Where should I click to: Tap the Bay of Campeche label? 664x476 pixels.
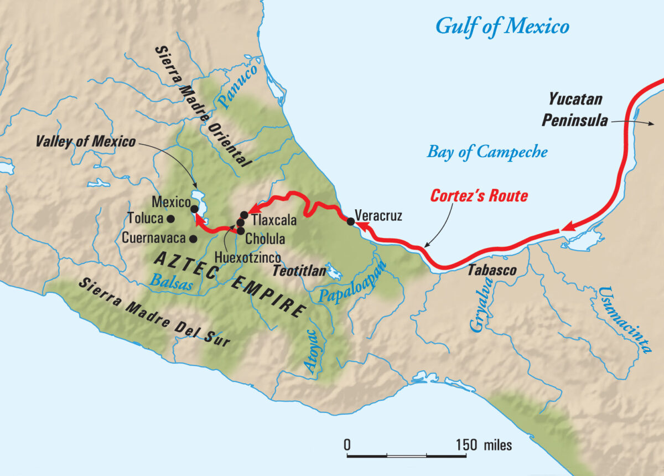(x=487, y=152)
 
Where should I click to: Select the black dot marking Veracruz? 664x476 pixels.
(x=351, y=221)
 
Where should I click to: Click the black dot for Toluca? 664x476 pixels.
(x=171, y=219)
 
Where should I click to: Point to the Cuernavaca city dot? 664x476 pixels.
(x=193, y=239)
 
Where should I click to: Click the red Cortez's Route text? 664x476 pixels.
(x=479, y=196)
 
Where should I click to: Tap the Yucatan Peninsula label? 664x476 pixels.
(x=575, y=110)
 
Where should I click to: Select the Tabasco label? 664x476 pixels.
(x=492, y=271)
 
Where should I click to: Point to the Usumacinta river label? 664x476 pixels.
(x=622, y=324)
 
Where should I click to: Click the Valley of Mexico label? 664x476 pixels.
(x=86, y=141)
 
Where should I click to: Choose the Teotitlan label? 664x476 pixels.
(x=297, y=271)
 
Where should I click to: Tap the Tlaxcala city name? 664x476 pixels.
(x=274, y=220)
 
